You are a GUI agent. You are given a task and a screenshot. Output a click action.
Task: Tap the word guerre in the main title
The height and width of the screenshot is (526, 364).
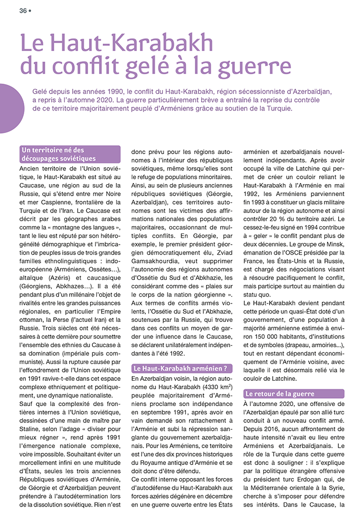click(247, 67)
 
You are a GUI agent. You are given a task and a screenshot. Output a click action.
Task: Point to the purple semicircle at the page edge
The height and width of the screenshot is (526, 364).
click(7, 108)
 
